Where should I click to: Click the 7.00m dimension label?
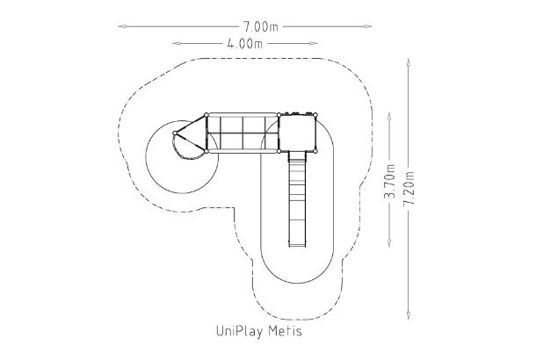[261, 26]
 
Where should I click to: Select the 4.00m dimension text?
[244, 44]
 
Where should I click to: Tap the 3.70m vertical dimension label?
[389, 181]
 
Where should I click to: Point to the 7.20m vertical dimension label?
[409, 188]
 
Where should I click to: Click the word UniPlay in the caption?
[240, 331]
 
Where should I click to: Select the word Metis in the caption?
[285, 331]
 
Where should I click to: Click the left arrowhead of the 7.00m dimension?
[122, 26]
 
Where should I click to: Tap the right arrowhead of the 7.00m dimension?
[367, 26]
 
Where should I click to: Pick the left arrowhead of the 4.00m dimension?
[177, 43]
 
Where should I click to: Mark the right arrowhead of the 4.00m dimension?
[314, 43]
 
